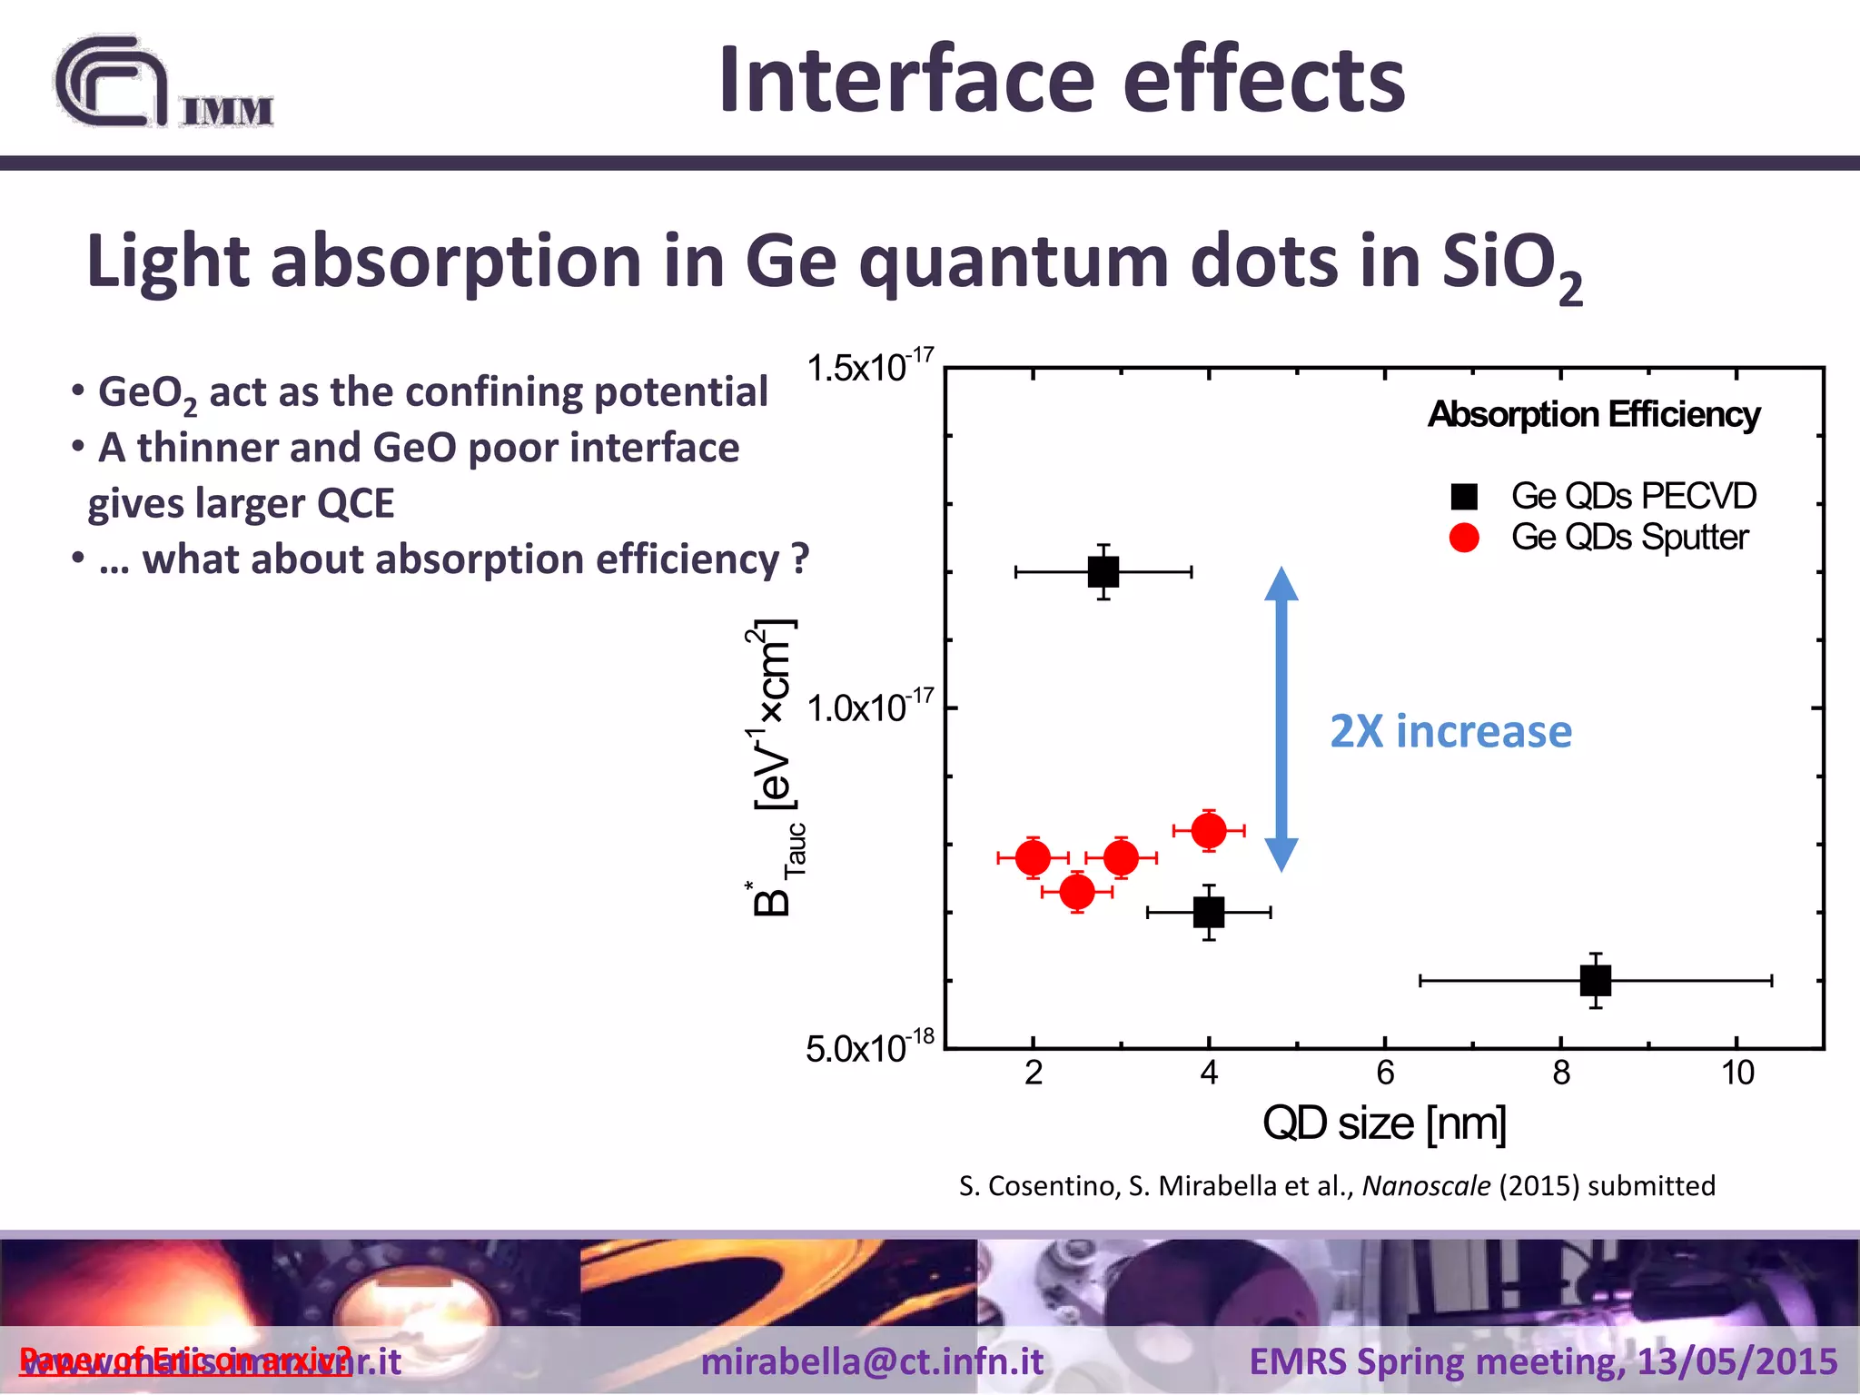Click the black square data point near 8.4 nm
pos(1596,981)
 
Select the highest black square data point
pos(1103,572)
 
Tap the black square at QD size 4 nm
pos(1209,912)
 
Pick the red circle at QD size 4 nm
pos(1209,830)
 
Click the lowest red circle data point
pos(1077,892)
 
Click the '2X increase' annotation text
pos(1450,732)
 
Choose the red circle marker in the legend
pos(1464,538)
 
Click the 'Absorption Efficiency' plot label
pos(1594,415)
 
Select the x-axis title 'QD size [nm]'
pos(1384,1124)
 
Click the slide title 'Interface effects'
pos(1061,80)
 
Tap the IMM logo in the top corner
pos(163,84)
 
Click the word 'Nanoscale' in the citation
pos(1426,1186)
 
